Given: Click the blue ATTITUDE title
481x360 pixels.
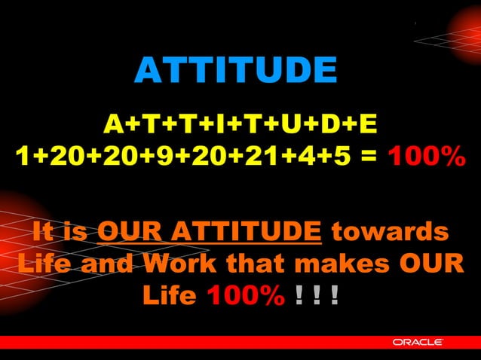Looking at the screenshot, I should pyautogui.click(x=235, y=72).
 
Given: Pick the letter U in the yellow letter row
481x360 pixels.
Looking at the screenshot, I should pyautogui.click(x=286, y=123).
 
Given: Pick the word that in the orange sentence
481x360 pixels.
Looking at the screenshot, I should pyautogui.click(x=258, y=264).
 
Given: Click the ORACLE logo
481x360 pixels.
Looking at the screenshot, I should pyautogui.click(x=418, y=343).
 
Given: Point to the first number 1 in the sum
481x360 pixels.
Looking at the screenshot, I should pyautogui.click(x=23, y=157).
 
